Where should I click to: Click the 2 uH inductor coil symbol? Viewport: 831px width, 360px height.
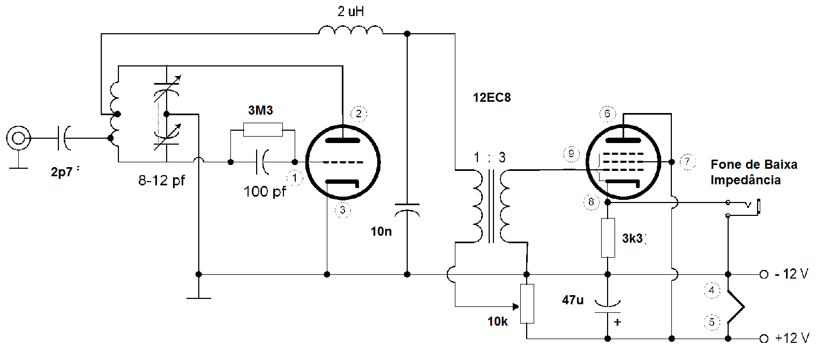click(351, 31)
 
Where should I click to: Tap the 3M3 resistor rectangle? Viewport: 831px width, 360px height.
click(263, 129)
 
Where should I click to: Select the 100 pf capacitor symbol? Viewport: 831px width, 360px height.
click(264, 162)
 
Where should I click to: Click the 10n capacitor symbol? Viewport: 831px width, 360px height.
click(407, 209)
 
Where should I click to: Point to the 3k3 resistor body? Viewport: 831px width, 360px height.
click(607, 237)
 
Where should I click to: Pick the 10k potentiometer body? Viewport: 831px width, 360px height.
click(527, 304)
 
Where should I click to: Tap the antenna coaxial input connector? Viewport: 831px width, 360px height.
click(18, 138)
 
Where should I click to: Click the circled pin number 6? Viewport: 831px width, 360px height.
click(607, 114)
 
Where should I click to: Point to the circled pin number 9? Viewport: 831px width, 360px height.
click(571, 154)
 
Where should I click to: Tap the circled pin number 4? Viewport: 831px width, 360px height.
click(712, 290)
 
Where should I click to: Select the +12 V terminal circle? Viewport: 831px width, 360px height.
click(763, 339)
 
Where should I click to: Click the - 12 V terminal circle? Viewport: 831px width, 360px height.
click(763, 274)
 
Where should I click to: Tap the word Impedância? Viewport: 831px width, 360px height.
click(745, 180)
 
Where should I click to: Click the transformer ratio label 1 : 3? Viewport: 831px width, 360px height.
click(489, 158)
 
